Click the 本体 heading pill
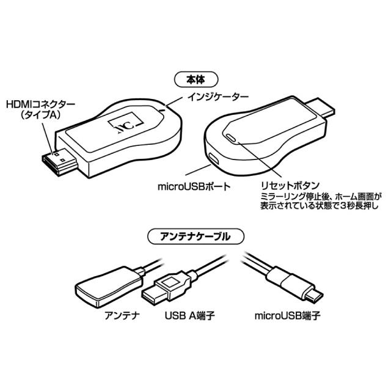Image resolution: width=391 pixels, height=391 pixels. pyautogui.click(x=196, y=79)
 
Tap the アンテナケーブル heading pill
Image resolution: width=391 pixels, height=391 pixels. pyautogui.click(x=195, y=236)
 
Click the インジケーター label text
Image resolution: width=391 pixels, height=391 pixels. pyautogui.click(x=218, y=97)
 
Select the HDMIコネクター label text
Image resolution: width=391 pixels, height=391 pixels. pyautogui.click(x=40, y=104)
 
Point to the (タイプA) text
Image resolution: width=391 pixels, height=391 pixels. pyautogui.click(x=40, y=115)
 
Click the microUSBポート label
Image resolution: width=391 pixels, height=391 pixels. pyautogui.click(x=194, y=186)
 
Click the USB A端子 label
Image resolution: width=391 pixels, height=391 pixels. pyautogui.click(x=189, y=316)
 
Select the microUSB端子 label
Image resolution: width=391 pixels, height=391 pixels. pyautogui.click(x=287, y=316)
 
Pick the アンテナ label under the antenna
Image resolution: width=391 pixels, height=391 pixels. pyautogui.click(x=122, y=315)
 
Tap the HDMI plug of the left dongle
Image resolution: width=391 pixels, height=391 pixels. pyautogui.click(x=60, y=161)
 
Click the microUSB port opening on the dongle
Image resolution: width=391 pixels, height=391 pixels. pyautogui.click(x=214, y=159)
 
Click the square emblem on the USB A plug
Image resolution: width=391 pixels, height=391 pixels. pyautogui.click(x=170, y=282)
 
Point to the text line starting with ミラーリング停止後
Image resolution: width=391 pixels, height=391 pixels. pyautogui.click(x=321, y=197)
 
